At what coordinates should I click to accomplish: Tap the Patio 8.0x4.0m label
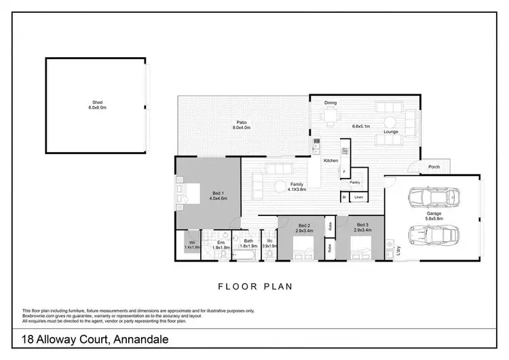click(242, 125)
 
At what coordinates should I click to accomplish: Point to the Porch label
click(434, 167)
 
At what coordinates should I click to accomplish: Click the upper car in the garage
click(433, 198)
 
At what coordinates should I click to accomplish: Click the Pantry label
click(354, 182)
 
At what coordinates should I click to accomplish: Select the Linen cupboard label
click(359, 198)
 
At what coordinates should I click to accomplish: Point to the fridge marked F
click(345, 172)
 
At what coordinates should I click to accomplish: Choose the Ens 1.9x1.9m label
click(221, 245)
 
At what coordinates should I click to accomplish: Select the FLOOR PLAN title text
click(254, 287)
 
